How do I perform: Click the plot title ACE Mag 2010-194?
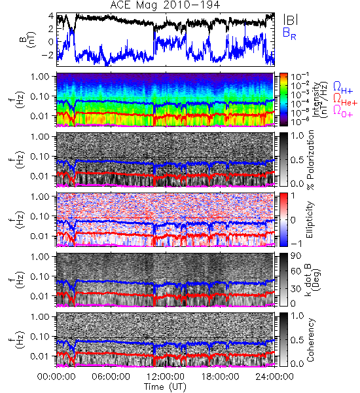click(x=165, y=5)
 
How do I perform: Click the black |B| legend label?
click(x=291, y=19)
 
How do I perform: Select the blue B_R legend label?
click(x=289, y=33)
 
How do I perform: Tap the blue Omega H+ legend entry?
click(x=343, y=88)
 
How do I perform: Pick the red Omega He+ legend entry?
click(x=345, y=99)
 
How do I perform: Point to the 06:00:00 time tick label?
click(x=111, y=377)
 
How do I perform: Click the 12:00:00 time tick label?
click(x=166, y=377)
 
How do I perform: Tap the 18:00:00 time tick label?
click(x=220, y=377)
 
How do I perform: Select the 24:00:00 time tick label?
click(x=274, y=377)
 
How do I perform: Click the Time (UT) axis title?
click(x=166, y=386)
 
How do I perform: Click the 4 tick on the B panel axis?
click(x=51, y=16)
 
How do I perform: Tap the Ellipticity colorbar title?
click(x=310, y=219)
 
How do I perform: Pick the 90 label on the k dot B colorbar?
click(x=296, y=256)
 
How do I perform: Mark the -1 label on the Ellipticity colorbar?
click(x=295, y=244)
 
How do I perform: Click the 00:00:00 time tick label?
click(x=56, y=377)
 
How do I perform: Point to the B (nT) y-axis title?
click(x=28, y=39)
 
